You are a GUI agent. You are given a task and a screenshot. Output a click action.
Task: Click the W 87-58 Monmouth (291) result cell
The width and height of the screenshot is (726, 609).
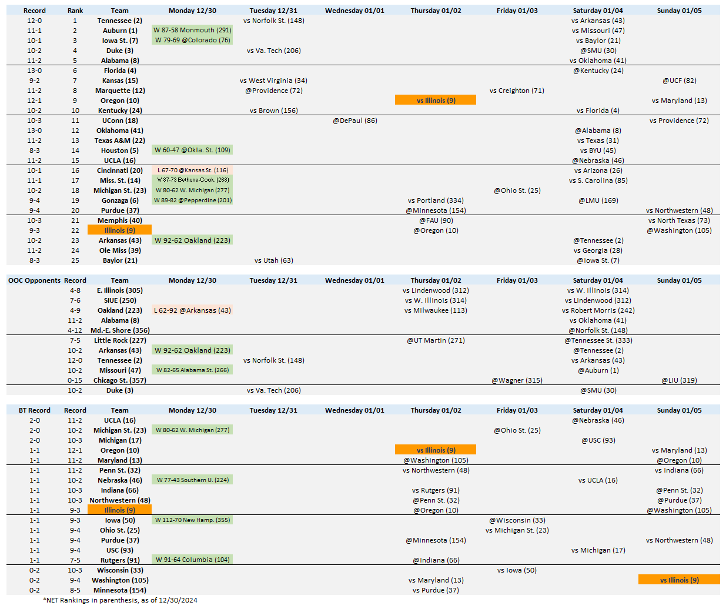pos(192,30)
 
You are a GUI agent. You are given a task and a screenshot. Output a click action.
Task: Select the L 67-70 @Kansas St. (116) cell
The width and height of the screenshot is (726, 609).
pos(192,170)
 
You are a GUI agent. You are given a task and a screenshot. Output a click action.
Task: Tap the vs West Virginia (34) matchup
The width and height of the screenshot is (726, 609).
pos(273,81)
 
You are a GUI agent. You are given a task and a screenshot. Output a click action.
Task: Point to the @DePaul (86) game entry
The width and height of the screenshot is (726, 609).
pos(355,121)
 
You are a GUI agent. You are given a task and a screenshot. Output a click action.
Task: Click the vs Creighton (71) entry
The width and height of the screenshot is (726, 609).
pos(517,91)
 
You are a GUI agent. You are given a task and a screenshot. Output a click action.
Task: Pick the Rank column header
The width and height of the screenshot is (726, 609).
pos(75,11)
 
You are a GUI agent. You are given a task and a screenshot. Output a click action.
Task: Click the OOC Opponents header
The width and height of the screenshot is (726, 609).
pos(34,280)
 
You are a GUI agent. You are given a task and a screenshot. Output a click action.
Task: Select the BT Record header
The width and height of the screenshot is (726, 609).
pos(35,410)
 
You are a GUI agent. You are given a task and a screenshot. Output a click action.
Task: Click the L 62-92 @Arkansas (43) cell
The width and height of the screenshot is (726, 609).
pos(192,310)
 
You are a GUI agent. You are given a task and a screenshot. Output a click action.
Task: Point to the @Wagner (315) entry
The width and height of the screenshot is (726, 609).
pos(517,380)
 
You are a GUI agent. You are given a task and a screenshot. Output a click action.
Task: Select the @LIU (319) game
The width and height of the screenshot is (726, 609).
pos(679,380)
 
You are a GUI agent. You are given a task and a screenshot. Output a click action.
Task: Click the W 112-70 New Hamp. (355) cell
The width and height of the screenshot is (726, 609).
pos(192,520)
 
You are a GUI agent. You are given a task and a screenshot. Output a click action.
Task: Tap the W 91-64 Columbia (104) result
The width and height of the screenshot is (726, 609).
pos(192,560)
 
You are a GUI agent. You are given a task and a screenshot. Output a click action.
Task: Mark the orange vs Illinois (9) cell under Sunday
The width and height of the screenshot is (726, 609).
pos(679,580)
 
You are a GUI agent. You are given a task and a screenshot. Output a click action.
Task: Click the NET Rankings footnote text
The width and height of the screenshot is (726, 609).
pos(120,600)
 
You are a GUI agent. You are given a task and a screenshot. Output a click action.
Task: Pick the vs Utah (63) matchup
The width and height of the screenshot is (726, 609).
pos(273,260)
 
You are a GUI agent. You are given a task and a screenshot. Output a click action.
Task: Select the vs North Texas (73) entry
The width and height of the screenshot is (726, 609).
pos(679,220)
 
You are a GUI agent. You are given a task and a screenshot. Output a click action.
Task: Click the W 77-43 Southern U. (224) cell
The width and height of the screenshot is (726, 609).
pos(192,480)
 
